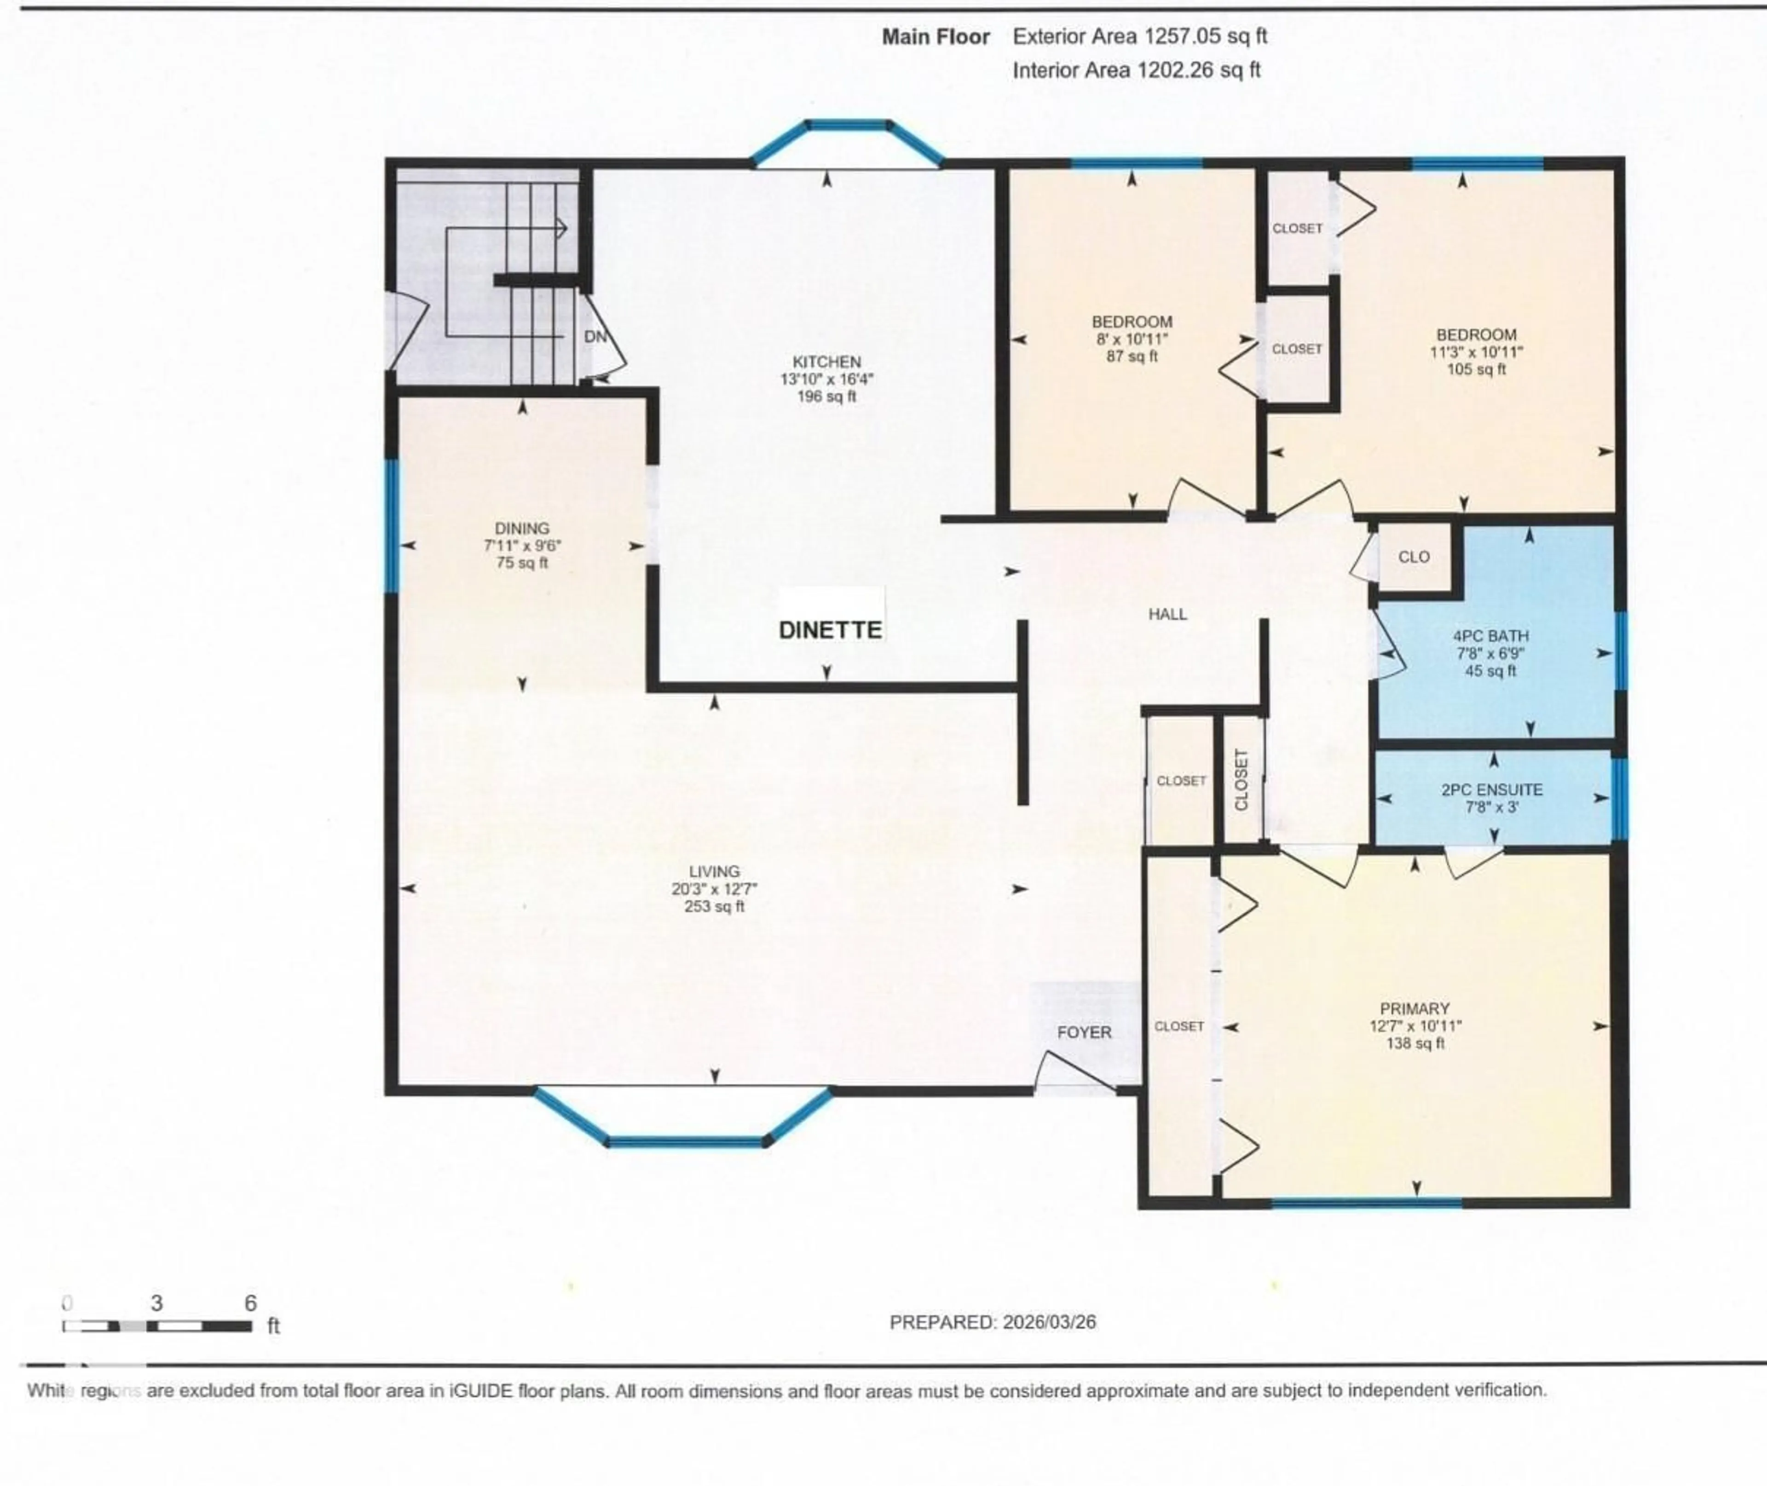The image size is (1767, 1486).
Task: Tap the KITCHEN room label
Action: pyautogui.click(x=826, y=362)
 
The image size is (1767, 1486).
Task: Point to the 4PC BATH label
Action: pyautogui.click(x=1490, y=636)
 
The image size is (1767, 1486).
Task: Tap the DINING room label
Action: pyautogui.click(x=522, y=528)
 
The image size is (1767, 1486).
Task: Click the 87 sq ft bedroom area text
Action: pyautogui.click(x=1132, y=357)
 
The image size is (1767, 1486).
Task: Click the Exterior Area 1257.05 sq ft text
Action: pyautogui.click(x=1139, y=36)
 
